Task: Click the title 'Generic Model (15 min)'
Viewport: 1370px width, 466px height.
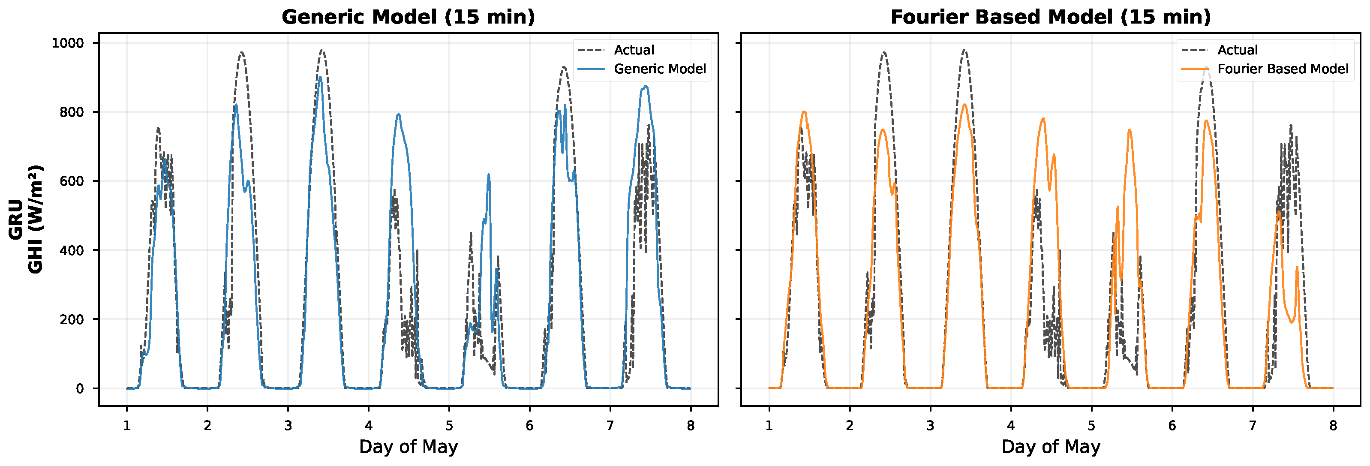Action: tap(408, 17)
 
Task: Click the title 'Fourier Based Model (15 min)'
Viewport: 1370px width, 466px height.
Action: tap(1050, 17)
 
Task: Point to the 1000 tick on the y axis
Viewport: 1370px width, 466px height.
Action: tap(68, 43)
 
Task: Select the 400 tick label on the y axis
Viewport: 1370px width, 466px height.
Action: tap(72, 250)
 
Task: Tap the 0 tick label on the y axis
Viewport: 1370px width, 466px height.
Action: tap(80, 389)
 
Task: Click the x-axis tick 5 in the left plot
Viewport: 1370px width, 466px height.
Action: tap(449, 426)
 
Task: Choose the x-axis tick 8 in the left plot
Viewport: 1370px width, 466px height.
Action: tap(690, 426)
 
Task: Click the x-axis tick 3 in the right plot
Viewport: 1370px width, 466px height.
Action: tap(930, 426)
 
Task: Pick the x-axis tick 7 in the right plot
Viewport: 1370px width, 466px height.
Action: tap(1253, 426)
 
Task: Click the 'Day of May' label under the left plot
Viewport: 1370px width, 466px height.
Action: tap(408, 447)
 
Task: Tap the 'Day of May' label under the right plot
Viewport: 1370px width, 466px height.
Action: tap(1050, 447)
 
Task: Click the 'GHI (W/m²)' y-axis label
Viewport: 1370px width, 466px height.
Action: tap(35, 219)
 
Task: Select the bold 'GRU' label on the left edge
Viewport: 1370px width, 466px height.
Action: tap(15, 219)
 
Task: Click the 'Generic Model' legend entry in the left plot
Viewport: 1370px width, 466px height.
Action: tap(659, 69)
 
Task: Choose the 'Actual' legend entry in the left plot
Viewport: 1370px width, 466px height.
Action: tap(634, 50)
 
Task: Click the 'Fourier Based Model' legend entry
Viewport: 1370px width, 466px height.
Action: tap(1282, 69)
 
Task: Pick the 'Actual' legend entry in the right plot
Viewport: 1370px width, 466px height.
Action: tap(1237, 50)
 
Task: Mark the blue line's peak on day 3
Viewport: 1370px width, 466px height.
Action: tap(320, 77)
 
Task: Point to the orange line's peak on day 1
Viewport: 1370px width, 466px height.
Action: tap(804, 112)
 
